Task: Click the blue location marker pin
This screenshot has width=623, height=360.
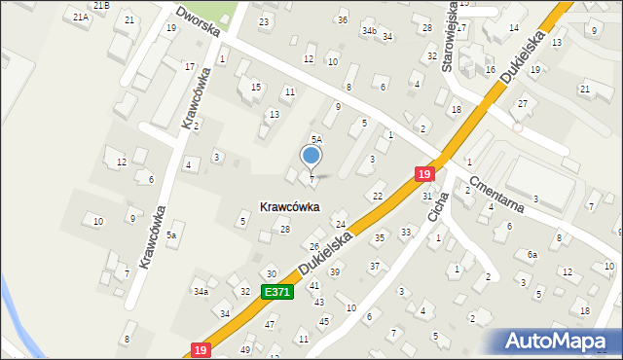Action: [x=311, y=156]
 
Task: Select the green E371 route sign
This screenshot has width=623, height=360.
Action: [x=275, y=292]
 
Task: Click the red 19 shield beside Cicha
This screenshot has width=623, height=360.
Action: [x=423, y=173]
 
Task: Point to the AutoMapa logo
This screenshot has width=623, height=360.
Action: [x=562, y=341]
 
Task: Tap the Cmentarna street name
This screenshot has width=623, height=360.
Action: [x=497, y=194]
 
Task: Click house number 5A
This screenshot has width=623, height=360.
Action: [x=316, y=140]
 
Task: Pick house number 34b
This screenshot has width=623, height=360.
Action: [x=369, y=31]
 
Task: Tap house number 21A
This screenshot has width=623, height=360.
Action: [x=81, y=17]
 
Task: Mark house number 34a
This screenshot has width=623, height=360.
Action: [x=201, y=291]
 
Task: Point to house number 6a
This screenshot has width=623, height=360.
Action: [x=531, y=254]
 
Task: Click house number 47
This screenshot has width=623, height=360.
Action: [x=270, y=323]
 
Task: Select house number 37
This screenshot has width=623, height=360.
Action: [x=374, y=266]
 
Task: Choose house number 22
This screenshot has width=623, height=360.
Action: [x=378, y=197]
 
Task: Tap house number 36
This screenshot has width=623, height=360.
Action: [x=342, y=19]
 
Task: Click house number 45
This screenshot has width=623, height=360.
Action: [x=324, y=320]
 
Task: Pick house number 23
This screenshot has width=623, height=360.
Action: [x=264, y=21]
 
